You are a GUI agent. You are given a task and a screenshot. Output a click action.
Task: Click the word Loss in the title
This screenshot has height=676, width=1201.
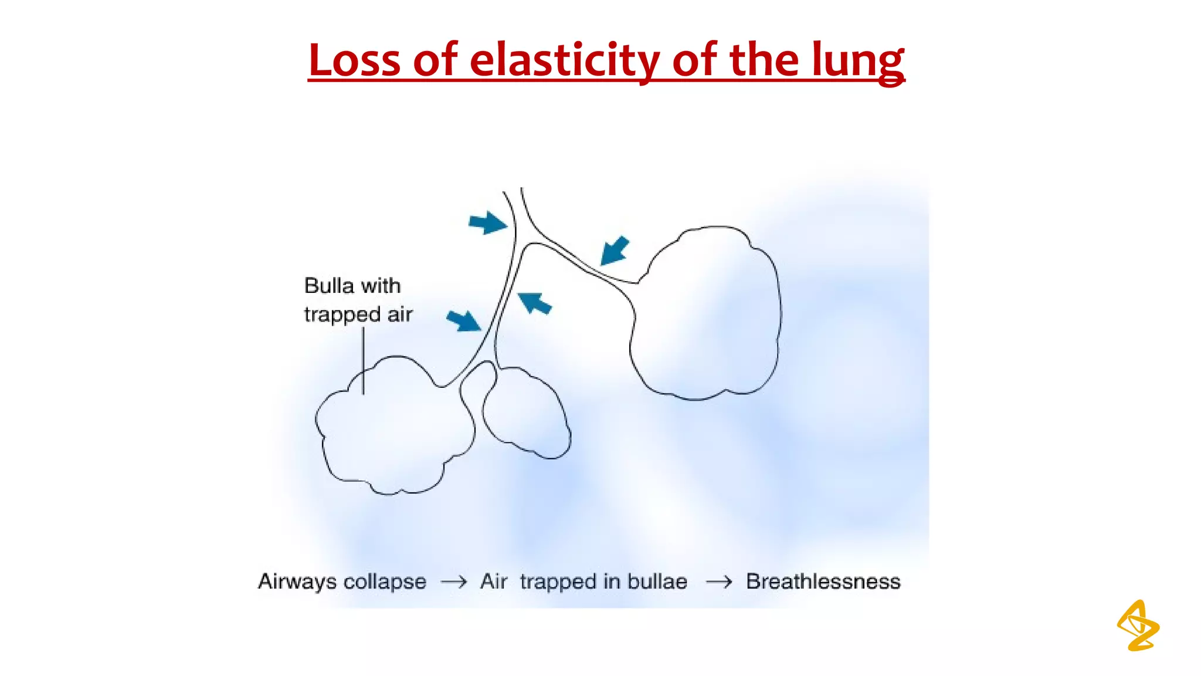354,60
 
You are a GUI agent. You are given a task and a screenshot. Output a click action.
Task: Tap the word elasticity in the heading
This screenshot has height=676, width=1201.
564,60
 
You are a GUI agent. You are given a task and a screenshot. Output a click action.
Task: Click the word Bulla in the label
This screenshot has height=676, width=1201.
329,286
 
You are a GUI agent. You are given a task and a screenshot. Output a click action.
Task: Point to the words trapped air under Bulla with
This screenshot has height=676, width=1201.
358,315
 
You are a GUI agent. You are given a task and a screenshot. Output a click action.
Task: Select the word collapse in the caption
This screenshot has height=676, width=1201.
385,582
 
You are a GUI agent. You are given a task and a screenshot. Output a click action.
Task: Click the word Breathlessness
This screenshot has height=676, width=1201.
823,582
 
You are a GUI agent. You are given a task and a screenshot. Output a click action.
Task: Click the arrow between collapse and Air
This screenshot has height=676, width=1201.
454,582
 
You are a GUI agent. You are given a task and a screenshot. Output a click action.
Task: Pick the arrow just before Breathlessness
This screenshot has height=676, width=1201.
719,582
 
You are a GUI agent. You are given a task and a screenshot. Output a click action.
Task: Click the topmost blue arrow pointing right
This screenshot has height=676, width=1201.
487,222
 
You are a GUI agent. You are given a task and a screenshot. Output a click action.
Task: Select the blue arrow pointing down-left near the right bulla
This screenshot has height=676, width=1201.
614,251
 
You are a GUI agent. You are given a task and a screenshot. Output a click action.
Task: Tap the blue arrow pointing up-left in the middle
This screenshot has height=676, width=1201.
535,303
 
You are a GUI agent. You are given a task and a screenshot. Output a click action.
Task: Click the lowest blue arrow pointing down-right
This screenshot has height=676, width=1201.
464,320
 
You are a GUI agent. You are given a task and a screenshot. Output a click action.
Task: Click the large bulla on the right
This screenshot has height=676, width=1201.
707,314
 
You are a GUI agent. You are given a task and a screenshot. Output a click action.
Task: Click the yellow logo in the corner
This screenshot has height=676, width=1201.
1138,626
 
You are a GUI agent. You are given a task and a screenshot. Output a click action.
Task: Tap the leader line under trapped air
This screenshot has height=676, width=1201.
363,361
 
